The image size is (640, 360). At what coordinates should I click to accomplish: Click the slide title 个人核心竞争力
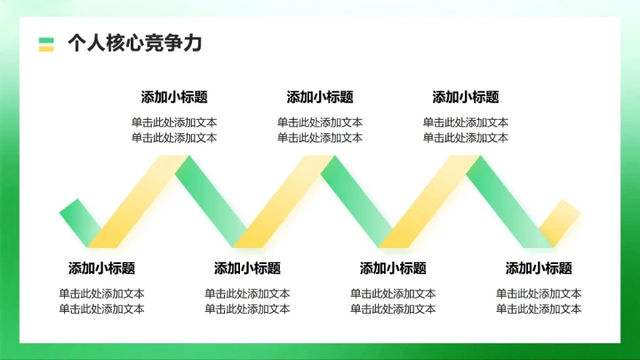pyautogui.click(x=134, y=44)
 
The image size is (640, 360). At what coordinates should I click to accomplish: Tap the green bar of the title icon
pyautogui.click(x=46, y=39)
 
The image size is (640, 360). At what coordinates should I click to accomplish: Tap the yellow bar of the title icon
pyautogui.click(x=46, y=48)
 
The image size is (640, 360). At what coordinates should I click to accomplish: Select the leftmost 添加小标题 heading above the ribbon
pyautogui.click(x=174, y=98)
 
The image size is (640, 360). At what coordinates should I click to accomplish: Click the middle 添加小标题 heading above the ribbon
pyautogui.click(x=320, y=98)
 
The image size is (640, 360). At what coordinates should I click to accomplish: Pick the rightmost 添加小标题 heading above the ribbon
pyautogui.click(x=466, y=98)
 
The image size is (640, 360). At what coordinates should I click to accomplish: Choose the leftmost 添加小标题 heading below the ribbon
pyautogui.click(x=101, y=268)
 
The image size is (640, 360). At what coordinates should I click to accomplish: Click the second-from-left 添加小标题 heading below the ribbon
pyautogui.click(x=247, y=268)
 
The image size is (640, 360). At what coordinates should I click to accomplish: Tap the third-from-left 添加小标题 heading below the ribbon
pyautogui.click(x=393, y=268)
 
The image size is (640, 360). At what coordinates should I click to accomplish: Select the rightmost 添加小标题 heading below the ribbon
pyautogui.click(x=539, y=268)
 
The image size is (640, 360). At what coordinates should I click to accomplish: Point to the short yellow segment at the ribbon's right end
pyautogui.click(x=559, y=221)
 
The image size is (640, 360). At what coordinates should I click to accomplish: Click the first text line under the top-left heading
pyautogui.click(x=174, y=123)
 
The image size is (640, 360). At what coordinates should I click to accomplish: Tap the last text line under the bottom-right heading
pyautogui.click(x=539, y=309)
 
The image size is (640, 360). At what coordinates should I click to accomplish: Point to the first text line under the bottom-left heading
pyautogui.click(x=101, y=293)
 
